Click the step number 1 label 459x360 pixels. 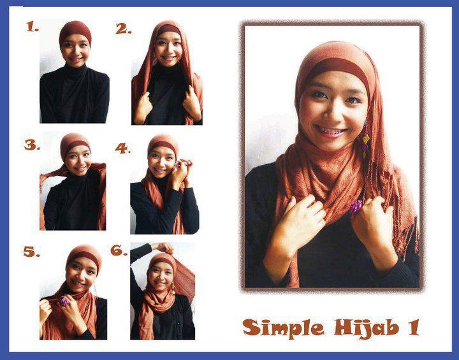point(33,27)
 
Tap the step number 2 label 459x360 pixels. point(123,29)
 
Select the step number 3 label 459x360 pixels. point(32,145)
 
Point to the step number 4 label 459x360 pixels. point(122,148)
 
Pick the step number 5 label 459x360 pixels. point(31,252)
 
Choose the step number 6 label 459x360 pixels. point(119,250)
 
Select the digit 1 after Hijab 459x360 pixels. point(413,328)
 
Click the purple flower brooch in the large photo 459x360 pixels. point(356,206)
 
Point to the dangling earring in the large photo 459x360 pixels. point(365,138)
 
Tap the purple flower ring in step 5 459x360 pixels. point(64,301)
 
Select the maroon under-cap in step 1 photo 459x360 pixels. point(75,32)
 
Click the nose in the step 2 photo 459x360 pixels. point(168,50)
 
